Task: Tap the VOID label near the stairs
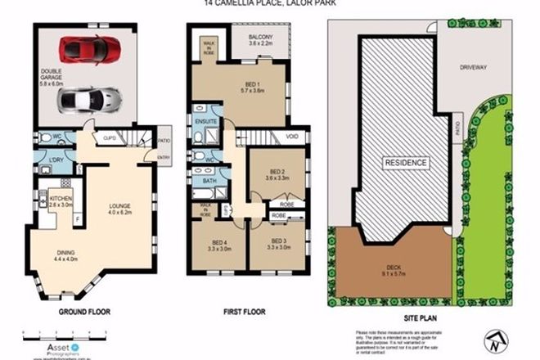tap(292, 136)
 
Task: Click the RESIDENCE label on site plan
tap(407, 162)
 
